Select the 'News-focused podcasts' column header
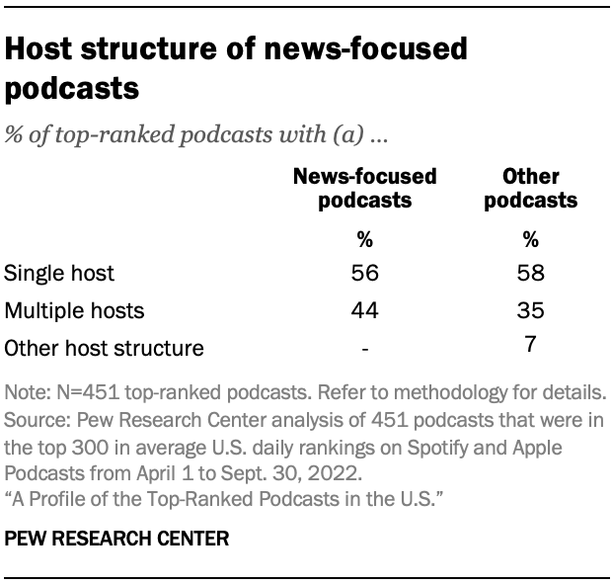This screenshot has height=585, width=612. pyautogui.click(x=365, y=188)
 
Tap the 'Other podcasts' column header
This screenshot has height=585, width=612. pyautogui.click(x=531, y=188)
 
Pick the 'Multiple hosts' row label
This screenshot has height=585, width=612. pyautogui.click(x=75, y=310)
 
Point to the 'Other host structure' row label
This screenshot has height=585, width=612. pyautogui.click(x=105, y=347)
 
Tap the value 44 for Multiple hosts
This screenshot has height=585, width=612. pyautogui.click(x=365, y=310)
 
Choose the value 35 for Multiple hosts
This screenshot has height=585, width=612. pyautogui.click(x=531, y=310)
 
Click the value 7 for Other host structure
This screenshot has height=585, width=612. pyautogui.click(x=531, y=345)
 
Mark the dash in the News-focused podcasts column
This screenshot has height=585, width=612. pyautogui.click(x=365, y=348)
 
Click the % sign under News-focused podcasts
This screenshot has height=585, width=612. pyautogui.click(x=365, y=238)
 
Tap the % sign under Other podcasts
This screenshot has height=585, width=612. pyautogui.click(x=531, y=238)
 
